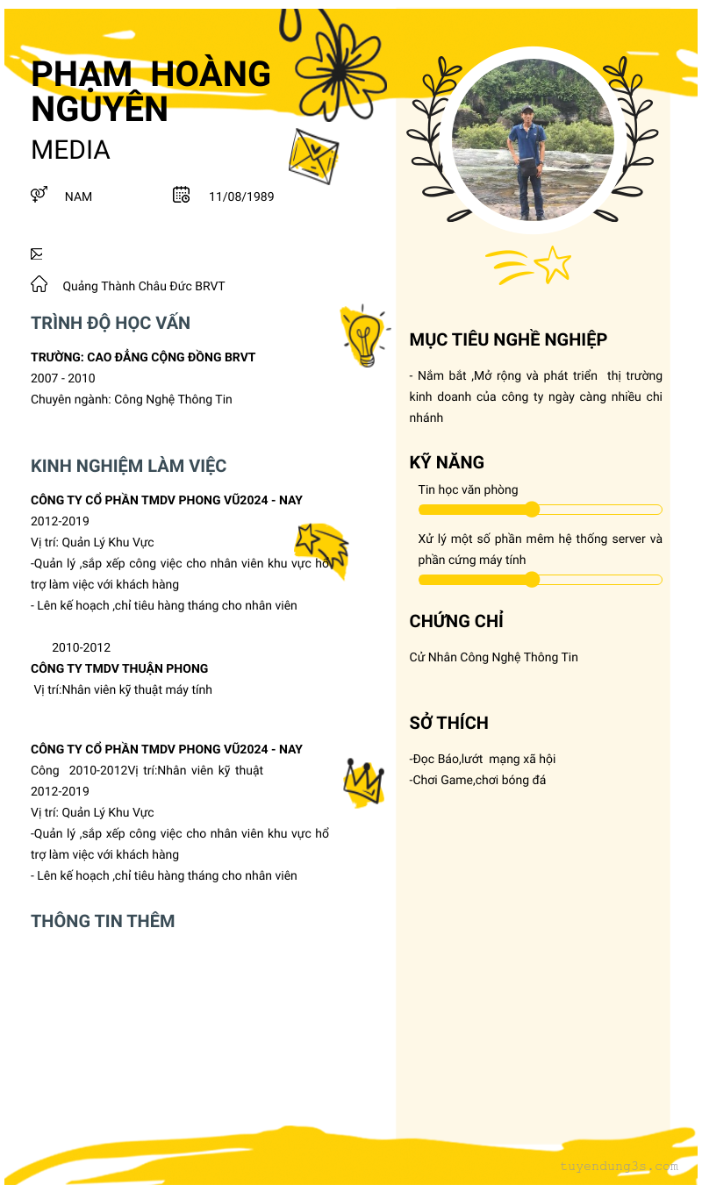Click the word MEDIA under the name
70,150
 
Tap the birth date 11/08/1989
241,196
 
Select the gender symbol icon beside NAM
39,195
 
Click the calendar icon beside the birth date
182,195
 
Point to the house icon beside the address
39,284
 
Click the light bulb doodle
363,336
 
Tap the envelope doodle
313,156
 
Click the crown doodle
363,781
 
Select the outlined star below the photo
553,264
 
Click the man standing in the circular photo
528,162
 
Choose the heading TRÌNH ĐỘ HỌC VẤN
111,323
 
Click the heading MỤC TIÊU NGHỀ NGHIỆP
508,339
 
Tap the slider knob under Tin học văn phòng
532,510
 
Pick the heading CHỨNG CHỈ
456,621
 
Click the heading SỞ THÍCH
448,723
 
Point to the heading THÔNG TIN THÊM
103,921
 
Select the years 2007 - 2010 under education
63,378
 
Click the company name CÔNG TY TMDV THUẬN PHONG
119,668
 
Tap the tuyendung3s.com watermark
619,1167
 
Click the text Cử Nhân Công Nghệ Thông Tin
494,657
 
